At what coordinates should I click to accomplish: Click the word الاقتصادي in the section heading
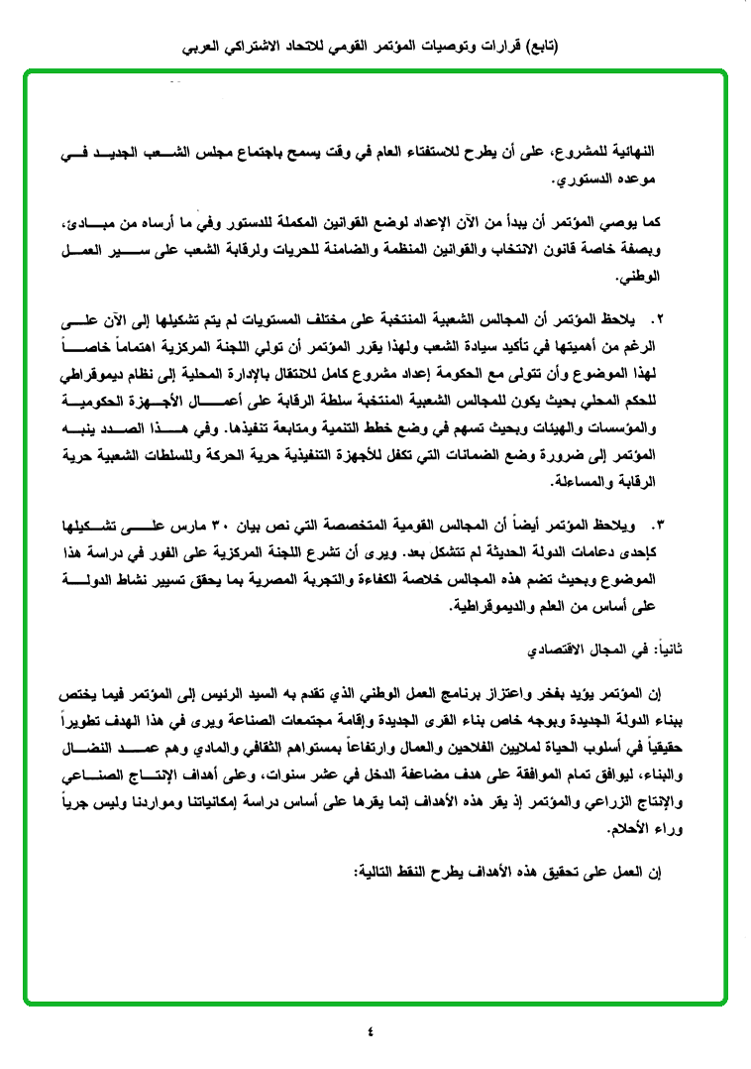(x=558, y=649)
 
